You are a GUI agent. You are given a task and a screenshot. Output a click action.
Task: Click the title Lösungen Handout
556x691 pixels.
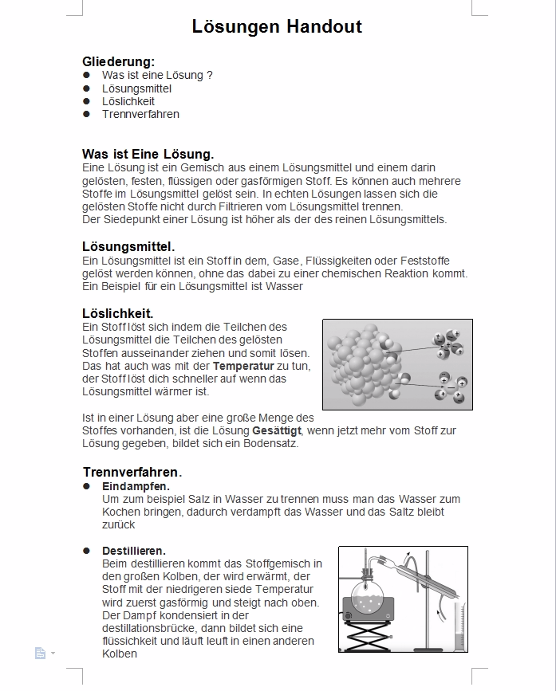point(277,27)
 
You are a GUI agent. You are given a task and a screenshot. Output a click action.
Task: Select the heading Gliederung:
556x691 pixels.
point(118,61)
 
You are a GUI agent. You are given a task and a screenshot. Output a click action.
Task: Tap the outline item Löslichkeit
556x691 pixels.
point(128,101)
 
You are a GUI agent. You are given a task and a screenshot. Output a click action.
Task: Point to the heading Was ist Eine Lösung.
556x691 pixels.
point(148,154)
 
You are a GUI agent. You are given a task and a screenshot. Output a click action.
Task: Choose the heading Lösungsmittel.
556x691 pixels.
point(128,246)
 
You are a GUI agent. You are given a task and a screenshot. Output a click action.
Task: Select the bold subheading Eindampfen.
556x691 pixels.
point(136,486)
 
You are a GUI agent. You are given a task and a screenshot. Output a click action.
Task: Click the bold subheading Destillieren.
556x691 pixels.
point(134,551)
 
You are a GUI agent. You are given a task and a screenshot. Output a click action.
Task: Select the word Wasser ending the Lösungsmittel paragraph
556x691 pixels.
point(284,286)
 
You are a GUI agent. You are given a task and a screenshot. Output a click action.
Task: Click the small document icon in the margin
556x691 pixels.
point(40,654)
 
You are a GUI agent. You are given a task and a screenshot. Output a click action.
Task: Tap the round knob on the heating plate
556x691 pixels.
point(348,616)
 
